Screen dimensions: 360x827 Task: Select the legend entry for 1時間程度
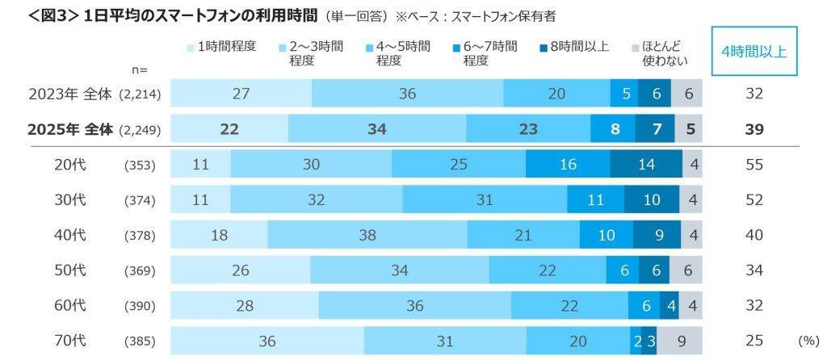220,46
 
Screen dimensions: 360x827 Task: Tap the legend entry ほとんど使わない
661,52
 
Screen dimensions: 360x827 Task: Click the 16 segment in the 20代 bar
568,164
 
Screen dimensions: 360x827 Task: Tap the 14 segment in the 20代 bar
647,164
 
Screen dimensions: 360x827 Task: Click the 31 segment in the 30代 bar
484,199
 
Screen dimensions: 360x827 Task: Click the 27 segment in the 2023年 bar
241,94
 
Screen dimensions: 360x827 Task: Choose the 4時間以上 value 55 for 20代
754,164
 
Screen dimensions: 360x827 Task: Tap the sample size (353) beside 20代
140,165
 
